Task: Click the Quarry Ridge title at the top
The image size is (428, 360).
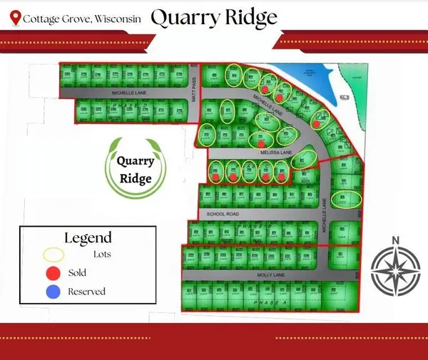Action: click(214, 16)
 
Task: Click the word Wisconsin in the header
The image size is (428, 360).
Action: click(115, 17)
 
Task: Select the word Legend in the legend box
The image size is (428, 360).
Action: click(88, 237)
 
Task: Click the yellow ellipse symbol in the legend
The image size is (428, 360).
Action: click(53, 254)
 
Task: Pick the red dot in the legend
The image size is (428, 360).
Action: click(53, 273)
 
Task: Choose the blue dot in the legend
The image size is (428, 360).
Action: click(53, 291)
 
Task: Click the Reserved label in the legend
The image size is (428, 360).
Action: click(86, 291)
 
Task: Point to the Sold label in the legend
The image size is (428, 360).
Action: click(77, 273)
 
